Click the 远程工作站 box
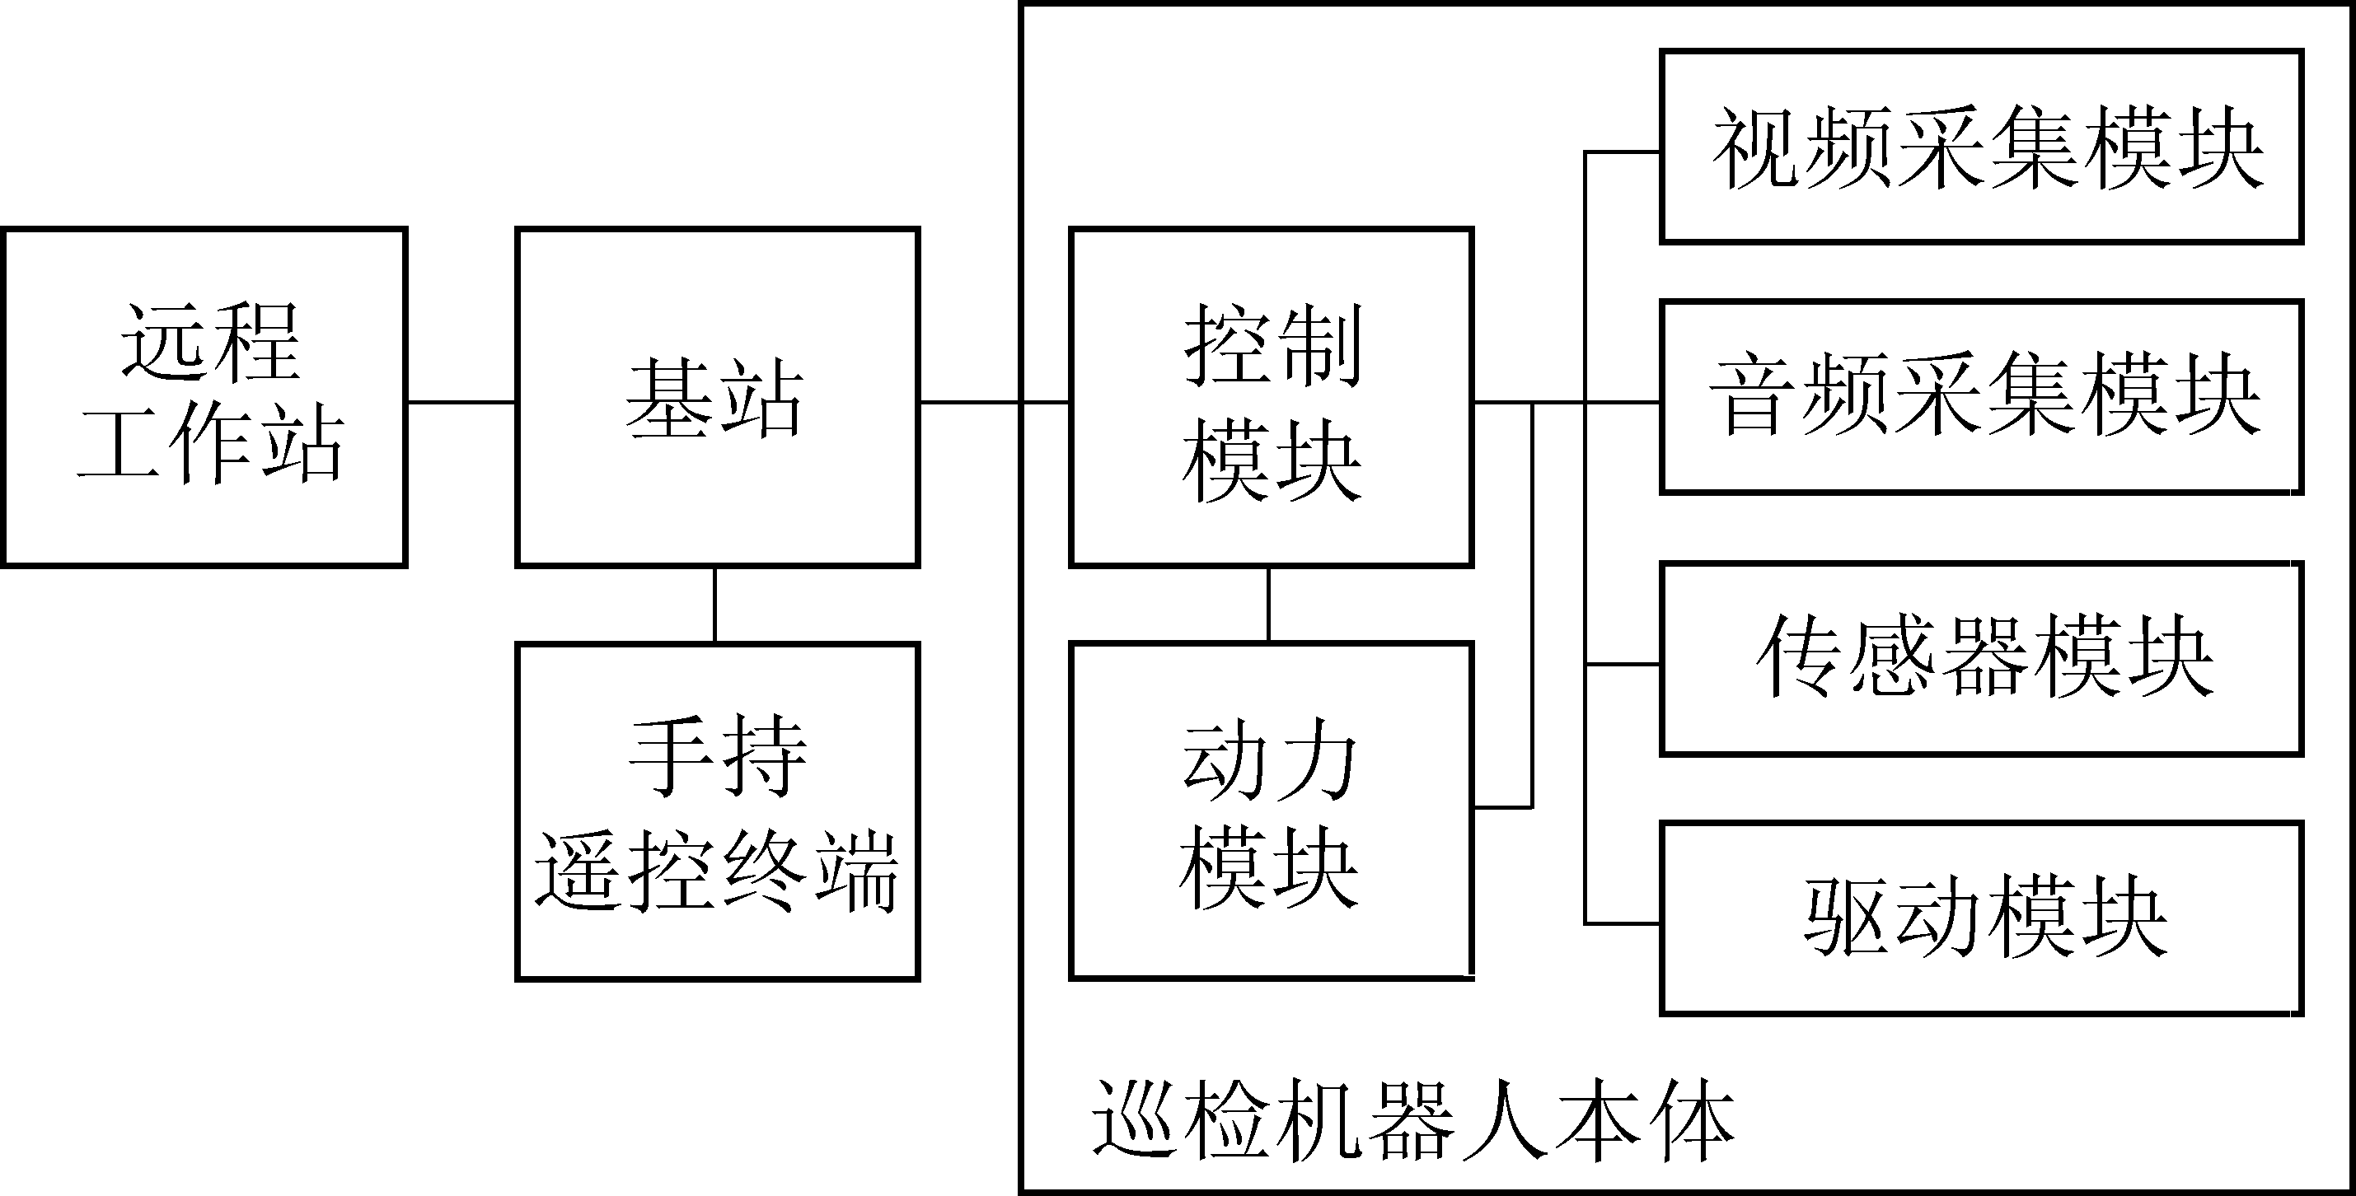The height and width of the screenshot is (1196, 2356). (x=204, y=397)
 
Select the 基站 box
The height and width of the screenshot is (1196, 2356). (x=717, y=397)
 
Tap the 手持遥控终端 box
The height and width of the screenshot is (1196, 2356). (x=717, y=812)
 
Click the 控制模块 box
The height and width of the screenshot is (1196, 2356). (x=1272, y=397)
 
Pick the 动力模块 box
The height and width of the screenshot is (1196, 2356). (x=1272, y=812)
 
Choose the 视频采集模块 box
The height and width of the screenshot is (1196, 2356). (x=1981, y=147)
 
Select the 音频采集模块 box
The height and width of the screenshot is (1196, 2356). (x=1981, y=397)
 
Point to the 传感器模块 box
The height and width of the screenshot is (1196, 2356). (x=1981, y=659)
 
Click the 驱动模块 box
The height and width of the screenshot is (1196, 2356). (x=1981, y=919)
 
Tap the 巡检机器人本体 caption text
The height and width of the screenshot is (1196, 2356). (x=1413, y=1121)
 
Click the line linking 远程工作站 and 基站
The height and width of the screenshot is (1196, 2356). (x=461, y=401)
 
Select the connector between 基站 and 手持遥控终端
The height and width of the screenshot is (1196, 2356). (x=714, y=605)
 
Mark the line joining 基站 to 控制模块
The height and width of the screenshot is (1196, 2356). (x=994, y=401)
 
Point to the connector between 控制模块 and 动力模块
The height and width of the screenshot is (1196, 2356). (x=1268, y=605)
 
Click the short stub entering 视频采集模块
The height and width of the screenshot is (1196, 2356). (x=1623, y=152)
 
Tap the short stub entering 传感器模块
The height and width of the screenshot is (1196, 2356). (x=1623, y=665)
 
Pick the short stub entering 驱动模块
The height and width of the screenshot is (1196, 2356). (x=1623, y=924)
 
